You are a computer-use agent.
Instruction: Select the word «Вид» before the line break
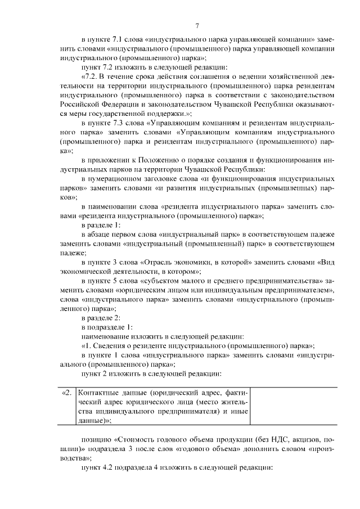[x=328, y=262]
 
